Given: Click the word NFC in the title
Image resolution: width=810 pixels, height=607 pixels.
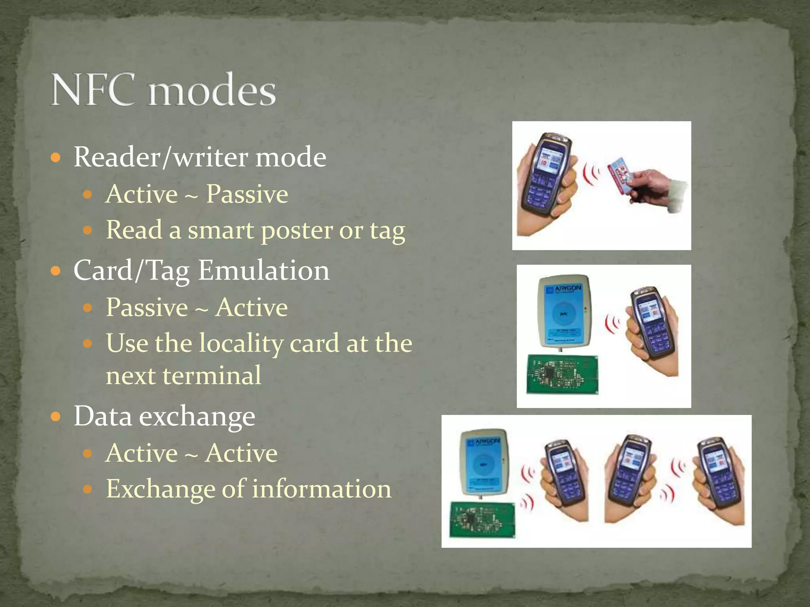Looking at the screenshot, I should [x=94, y=90].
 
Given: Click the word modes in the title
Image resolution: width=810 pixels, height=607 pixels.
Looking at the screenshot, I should [x=212, y=91].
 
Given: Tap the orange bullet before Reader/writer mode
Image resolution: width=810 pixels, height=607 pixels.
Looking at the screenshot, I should [x=56, y=158].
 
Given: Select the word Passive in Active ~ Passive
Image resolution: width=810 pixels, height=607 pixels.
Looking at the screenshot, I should [x=247, y=194].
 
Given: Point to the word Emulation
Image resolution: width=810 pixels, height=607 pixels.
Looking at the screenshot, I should [x=263, y=271].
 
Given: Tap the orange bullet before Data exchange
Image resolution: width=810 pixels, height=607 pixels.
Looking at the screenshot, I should [x=56, y=417].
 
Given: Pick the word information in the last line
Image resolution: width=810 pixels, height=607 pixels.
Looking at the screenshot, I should [x=322, y=489].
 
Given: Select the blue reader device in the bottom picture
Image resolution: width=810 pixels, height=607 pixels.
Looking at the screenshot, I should [x=484, y=462].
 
